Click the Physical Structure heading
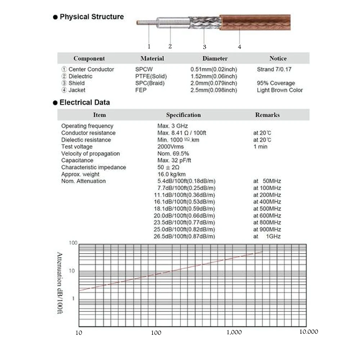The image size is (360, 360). click(91, 17)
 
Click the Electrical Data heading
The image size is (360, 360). click(85, 102)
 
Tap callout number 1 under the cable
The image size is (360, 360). click(149, 46)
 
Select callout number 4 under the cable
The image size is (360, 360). click(239, 46)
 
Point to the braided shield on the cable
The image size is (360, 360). click(204, 22)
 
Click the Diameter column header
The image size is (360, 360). click(215, 58)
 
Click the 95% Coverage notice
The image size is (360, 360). click(276, 83)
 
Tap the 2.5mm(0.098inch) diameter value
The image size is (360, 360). click(213, 90)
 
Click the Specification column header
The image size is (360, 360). click(183, 115)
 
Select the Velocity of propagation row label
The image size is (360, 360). click(90, 154)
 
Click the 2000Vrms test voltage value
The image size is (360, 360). click(170, 147)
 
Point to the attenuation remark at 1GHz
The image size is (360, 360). click(267, 236)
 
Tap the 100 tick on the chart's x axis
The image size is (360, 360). click(156, 333)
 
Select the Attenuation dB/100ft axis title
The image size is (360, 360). click(60, 283)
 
